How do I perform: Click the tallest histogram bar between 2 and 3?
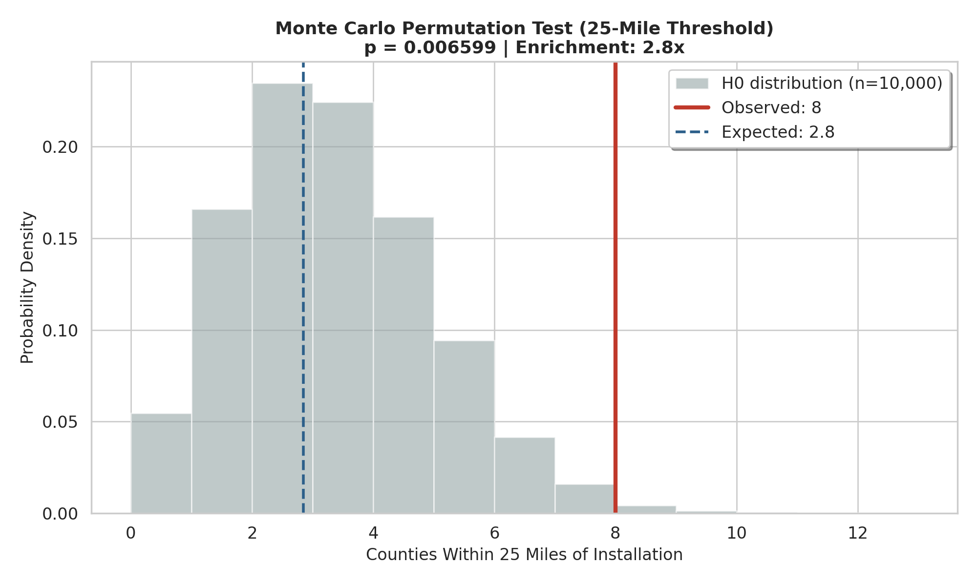(282, 298)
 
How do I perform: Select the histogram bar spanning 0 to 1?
(161, 463)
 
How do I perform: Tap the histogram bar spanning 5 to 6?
(464, 427)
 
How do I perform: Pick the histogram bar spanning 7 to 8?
(585, 499)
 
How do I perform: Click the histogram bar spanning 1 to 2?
(222, 361)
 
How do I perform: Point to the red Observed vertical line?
(616, 293)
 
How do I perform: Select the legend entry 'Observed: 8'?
(771, 108)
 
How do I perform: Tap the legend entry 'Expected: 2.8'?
(778, 132)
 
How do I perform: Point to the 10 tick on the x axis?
(737, 533)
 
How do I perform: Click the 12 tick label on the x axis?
(858, 533)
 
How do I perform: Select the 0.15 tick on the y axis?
(60, 239)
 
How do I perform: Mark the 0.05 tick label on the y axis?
(60, 422)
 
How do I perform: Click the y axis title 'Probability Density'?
(27, 288)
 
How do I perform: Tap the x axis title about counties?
(524, 555)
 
